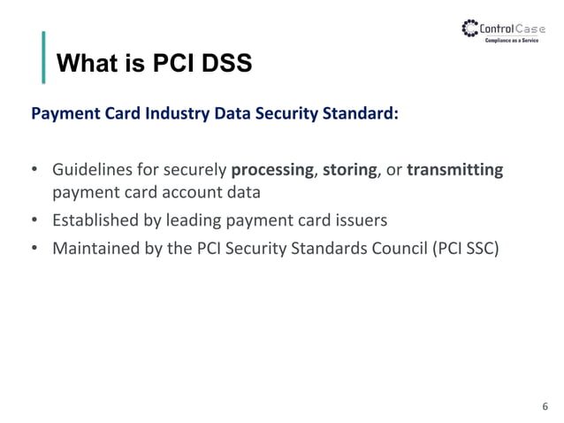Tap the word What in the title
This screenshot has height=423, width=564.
83,64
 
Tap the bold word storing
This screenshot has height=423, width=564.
350,169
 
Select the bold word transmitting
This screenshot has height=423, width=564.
454,169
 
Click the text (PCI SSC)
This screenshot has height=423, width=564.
465,248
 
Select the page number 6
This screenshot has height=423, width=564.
545,406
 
